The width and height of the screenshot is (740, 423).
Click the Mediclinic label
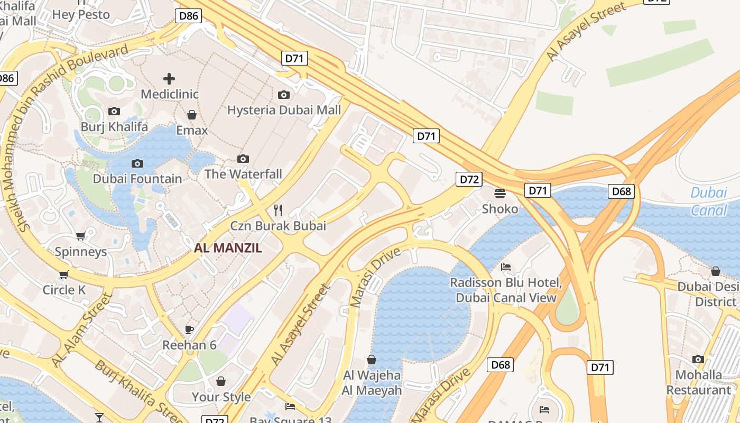[x=169, y=94]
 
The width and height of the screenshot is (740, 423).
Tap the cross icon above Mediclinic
[x=169, y=79]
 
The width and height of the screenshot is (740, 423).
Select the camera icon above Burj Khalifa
[x=114, y=111]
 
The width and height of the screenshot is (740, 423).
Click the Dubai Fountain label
[x=137, y=179]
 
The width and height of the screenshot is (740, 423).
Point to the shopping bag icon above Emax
[x=192, y=115]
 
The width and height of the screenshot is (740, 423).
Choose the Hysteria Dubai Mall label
[x=284, y=110]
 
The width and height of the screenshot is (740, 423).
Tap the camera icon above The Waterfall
[x=243, y=159]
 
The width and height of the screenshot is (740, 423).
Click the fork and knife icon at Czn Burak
[x=278, y=210]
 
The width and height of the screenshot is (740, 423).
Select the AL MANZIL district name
[x=228, y=248]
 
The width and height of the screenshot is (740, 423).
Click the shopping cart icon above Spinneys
[x=80, y=236]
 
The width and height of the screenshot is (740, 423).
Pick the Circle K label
[x=64, y=290]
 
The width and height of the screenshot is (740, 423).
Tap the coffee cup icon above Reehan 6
[x=189, y=330]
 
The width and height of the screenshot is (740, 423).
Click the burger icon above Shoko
[x=500, y=194]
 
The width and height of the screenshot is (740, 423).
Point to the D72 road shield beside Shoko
[x=469, y=179]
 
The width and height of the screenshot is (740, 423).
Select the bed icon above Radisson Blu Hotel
[x=506, y=267]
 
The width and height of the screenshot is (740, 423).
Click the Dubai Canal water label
[x=709, y=201]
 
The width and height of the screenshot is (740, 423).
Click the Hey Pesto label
[x=81, y=14]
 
